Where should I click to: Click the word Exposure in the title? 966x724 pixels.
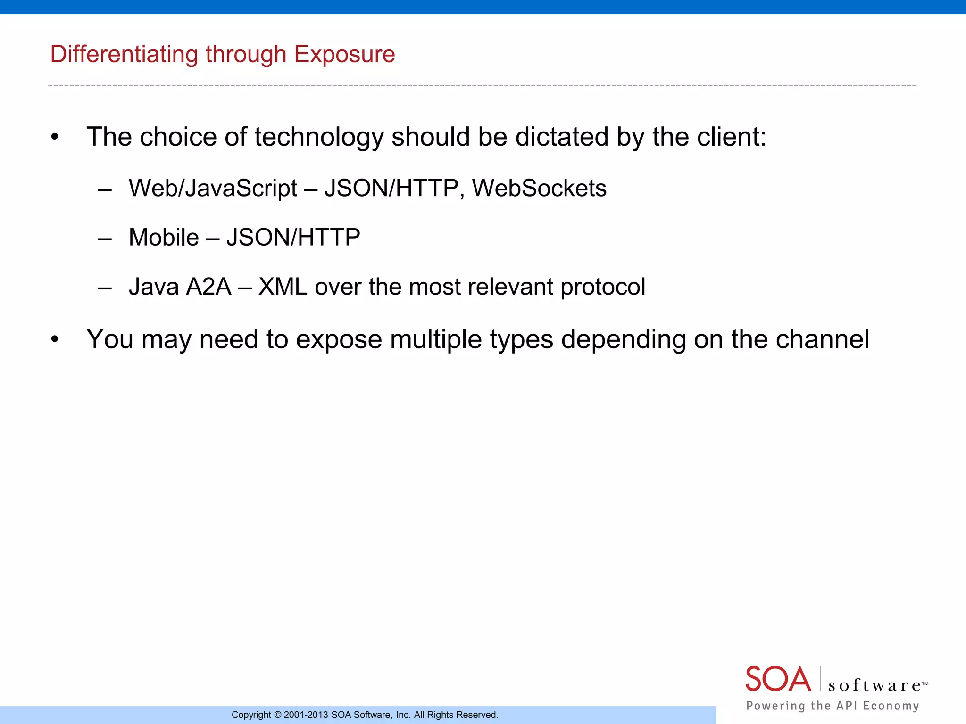tap(344, 55)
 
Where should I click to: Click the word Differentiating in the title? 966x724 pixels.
tap(124, 55)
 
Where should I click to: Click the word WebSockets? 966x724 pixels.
tap(539, 189)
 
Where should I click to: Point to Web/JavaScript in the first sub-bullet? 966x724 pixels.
tap(213, 189)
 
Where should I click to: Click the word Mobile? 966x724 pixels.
tap(164, 238)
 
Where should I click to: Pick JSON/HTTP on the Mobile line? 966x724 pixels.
tap(293, 238)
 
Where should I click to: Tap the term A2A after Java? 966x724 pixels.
tap(208, 287)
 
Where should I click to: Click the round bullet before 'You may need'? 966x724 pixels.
tap(55, 340)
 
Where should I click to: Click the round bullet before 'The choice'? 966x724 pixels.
tap(55, 138)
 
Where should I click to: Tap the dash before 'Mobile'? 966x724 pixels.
tap(105, 239)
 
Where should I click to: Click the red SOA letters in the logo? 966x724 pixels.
tap(778, 679)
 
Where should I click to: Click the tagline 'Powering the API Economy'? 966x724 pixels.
tap(833, 706)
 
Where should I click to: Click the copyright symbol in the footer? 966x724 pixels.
tap(277, 715)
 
